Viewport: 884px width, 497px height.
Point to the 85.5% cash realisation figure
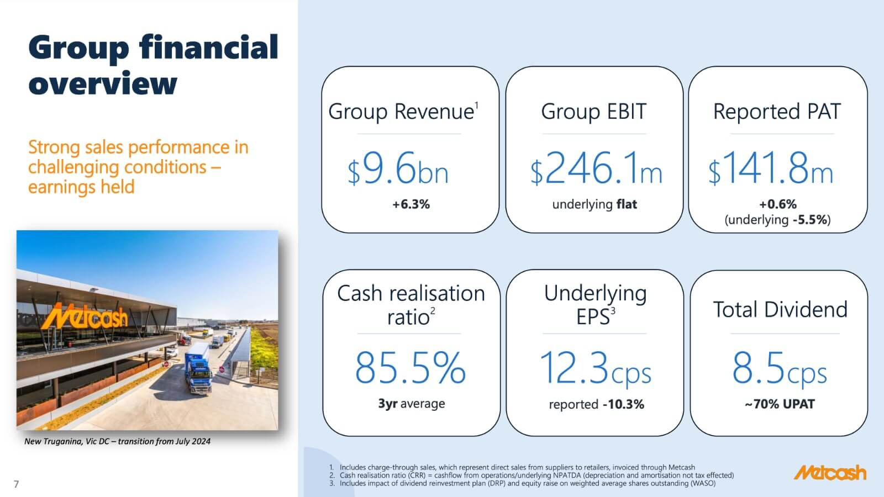pos(411,368)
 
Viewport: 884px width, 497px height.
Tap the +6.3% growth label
pos(411,204)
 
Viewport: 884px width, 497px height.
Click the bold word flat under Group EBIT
pos(627,204)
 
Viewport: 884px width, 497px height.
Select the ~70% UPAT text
pos(780,404)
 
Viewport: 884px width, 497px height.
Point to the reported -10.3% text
pos(596,404)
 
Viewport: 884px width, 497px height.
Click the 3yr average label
pos(411,404)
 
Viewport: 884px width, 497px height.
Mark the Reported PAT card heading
pos(777,111)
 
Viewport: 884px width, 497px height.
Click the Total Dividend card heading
pos(780,309)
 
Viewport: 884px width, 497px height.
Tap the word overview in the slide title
pos(103,83)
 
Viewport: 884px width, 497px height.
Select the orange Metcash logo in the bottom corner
pos(830,473)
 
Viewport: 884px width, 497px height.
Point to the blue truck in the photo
pos(198,368)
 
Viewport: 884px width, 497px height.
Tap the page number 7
pos(16,484)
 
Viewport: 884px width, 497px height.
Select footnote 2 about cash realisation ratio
pos(532,475)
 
